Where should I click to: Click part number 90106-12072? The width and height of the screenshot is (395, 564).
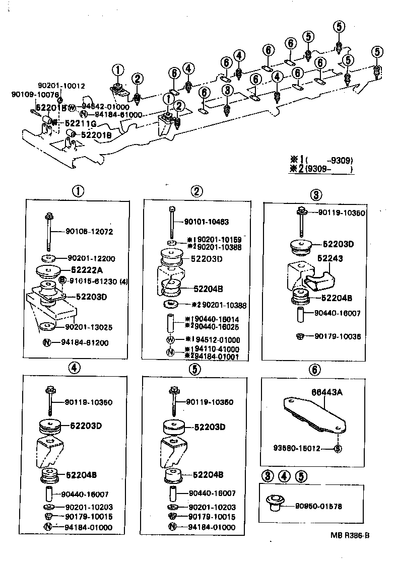[x=89, y=232]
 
